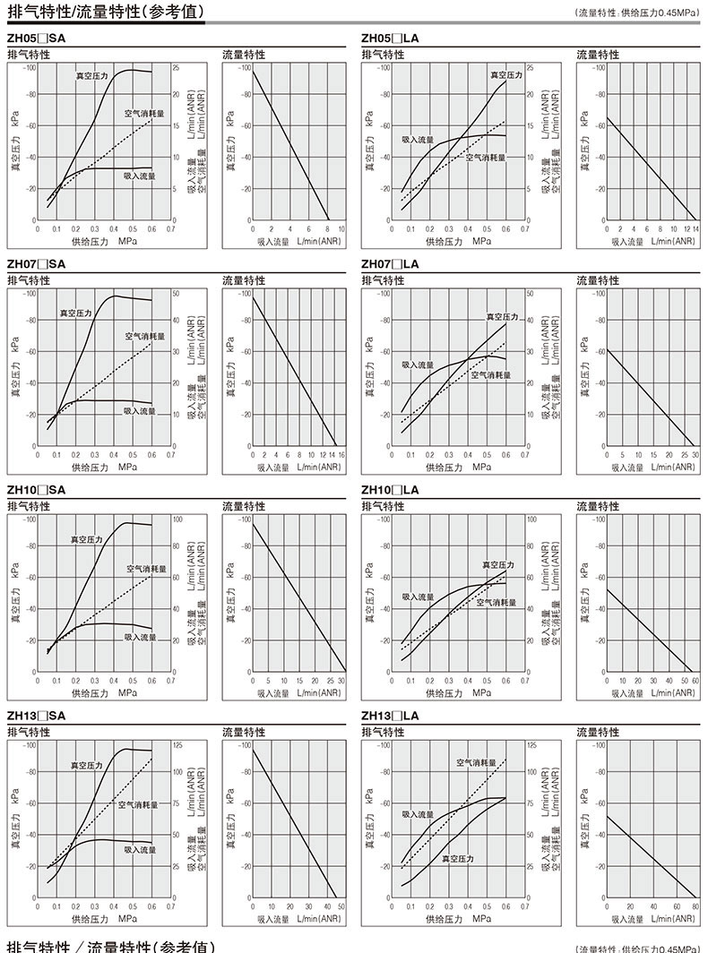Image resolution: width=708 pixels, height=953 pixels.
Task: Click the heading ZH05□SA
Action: [x=36, y=39]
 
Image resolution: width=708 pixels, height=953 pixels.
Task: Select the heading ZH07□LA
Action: [x=390, y=264]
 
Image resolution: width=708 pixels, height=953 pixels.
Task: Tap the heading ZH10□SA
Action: [x=36, y=490]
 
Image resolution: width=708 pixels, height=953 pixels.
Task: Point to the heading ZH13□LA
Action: [x=390, y=716]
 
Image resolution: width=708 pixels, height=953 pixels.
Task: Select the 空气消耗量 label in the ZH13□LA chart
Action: [x=476, y=762]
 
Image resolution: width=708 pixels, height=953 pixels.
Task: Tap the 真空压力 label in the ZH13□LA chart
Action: [x=458, y=858]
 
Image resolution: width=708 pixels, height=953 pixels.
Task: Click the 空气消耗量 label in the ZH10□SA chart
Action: [x=146, y=568]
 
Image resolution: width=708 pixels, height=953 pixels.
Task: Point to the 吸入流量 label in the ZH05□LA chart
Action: [x=418, y=140]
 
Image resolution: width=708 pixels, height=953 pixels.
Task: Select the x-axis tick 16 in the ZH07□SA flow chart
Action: [x=341, y=455]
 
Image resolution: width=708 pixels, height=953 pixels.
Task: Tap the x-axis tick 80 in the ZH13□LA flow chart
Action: [x=695, y=906]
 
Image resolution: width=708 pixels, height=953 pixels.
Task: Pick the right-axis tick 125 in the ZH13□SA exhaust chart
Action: [x=177, y=745]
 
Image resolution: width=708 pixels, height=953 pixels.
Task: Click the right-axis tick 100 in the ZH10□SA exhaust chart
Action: [x=177, y=519]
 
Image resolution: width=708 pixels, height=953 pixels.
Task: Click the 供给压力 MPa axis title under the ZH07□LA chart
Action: [x=458, y=467]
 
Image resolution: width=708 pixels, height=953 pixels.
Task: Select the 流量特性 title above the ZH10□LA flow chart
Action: [x=598, y=506]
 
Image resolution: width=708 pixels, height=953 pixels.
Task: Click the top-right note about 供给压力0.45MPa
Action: [x=638, y=13]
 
